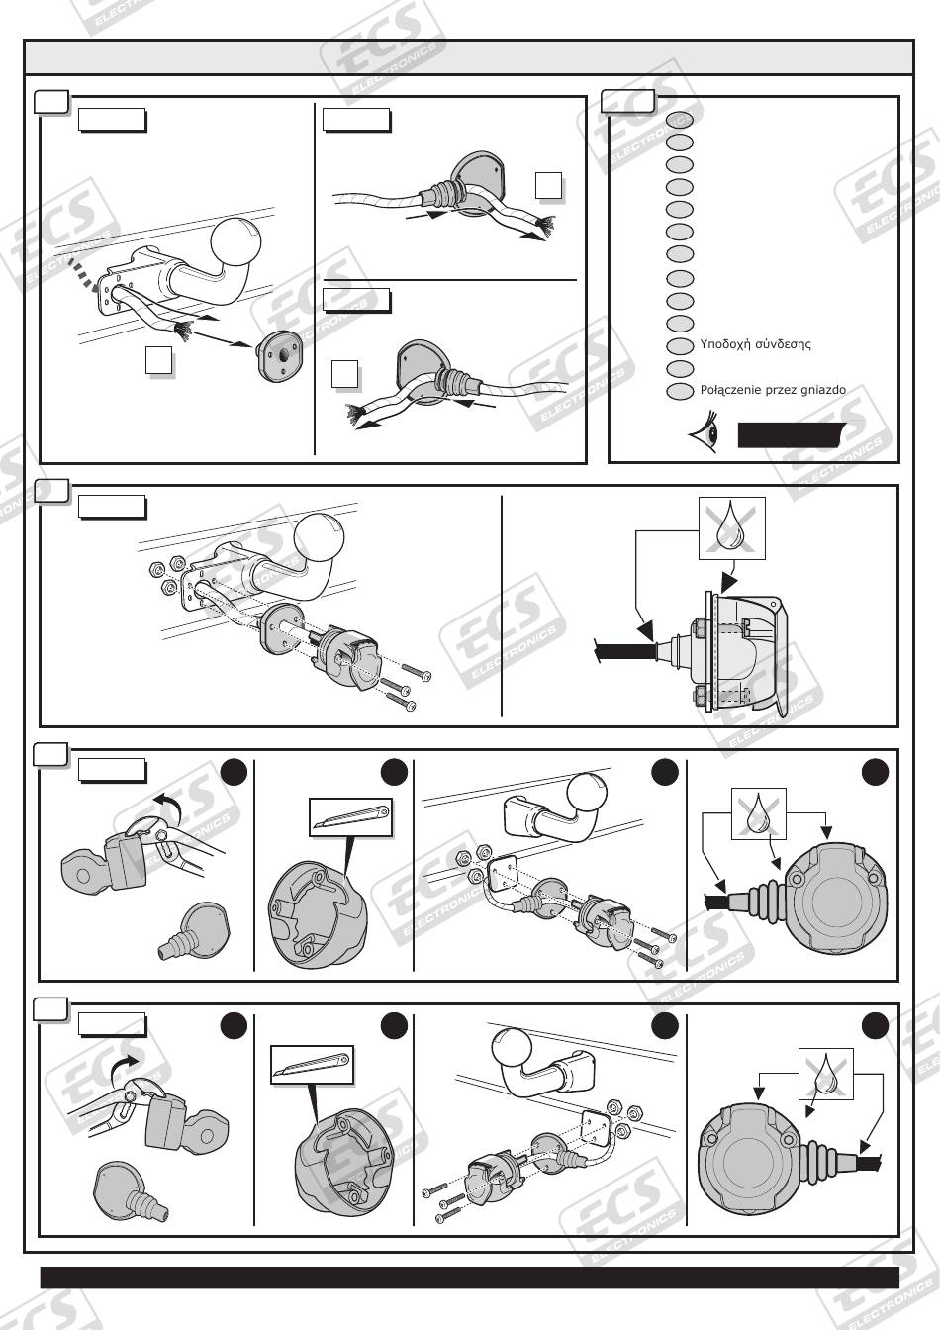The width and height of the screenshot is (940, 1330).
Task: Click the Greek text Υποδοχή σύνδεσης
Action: (755, 345)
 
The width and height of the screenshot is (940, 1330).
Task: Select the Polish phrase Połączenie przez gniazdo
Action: (773, 390)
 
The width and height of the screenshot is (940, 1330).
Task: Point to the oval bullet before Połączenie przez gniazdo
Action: (680, 391)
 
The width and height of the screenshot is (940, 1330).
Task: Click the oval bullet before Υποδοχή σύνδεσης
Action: (680, 346)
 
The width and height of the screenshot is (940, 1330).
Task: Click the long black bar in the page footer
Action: (469, 1277)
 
